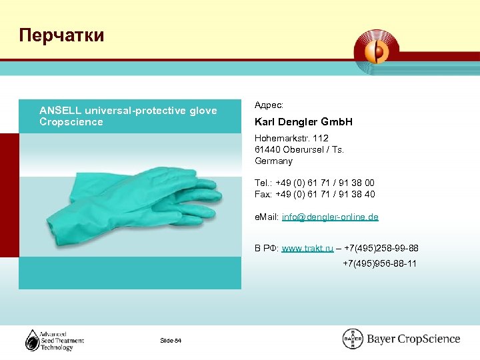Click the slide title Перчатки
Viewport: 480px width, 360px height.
tap(62, 35)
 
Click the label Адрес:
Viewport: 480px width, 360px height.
tap(269, 105)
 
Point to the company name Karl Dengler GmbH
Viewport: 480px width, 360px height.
tap(303, 122)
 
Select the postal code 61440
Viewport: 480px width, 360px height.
tap(267, 149)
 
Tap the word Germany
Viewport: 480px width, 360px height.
tap(273, 161)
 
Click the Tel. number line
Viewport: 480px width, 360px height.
tap(315, 183)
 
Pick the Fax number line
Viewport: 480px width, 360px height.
tap(315, 194)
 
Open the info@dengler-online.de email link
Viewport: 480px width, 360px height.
tap(330, 217)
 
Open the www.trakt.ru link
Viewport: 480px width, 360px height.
tap(307, 249)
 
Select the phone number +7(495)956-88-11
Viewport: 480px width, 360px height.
tap(379, 263)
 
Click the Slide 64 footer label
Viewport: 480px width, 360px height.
tap(171, 341)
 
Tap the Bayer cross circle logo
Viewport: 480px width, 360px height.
tap(353, 339)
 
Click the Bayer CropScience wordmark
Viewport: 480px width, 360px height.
tap(413, 339)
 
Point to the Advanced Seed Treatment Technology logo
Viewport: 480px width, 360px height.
tap(55, 340)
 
